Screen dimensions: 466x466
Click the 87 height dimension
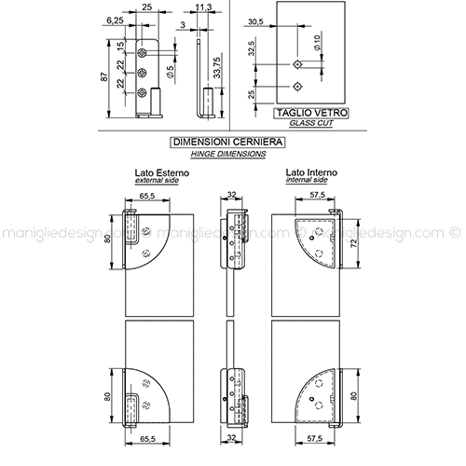pos(105,76)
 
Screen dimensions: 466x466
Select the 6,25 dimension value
pos(115,21)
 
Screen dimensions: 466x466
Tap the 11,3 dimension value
pos(204,7)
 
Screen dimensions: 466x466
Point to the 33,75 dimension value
pos(217,68)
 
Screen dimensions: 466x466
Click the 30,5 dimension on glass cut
pos(255,21)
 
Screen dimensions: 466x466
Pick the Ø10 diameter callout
pos(317,43)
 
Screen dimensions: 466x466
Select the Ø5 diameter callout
pos(170,72)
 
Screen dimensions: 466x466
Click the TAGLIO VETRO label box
pos(311,113)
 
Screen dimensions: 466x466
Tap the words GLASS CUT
pos(311,123)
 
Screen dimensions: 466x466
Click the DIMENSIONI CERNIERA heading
pos(227,143)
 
